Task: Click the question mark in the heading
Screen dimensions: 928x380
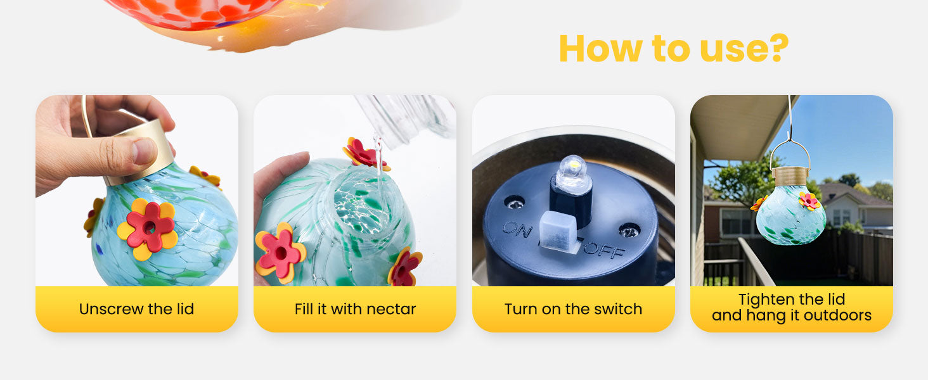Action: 775,47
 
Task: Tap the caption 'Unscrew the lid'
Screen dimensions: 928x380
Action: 137,309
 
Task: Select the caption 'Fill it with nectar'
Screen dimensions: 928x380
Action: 355,309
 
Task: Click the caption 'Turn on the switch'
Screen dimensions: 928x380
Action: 574,309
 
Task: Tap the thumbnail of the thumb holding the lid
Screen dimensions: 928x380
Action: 144,151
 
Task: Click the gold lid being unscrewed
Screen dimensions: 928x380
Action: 141,149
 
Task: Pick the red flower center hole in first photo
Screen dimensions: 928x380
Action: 149,227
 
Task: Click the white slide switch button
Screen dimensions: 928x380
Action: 558,231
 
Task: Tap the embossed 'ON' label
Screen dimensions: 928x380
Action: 517,229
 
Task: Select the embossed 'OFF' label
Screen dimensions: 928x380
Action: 604,248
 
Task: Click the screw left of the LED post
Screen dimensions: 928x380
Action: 515,203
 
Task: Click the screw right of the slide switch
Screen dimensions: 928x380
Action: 629,230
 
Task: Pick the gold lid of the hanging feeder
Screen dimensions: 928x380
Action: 790,176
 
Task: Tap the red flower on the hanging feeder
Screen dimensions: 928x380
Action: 809,201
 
